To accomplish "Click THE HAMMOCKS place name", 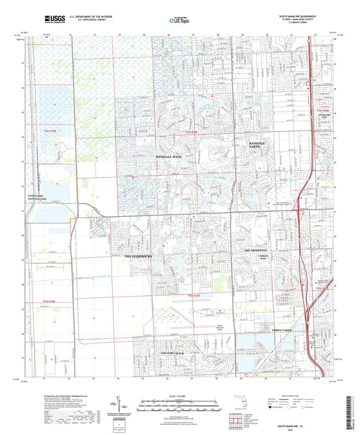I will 140,257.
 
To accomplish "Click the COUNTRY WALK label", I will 172,353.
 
